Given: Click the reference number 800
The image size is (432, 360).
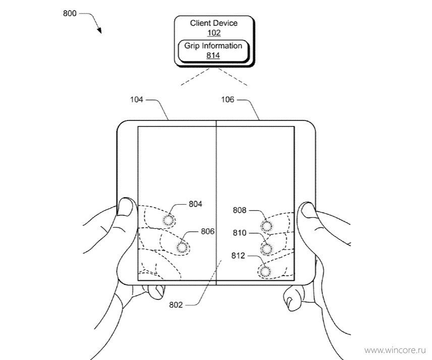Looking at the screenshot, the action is [x=70, y=13].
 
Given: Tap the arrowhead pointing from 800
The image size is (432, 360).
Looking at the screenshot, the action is [x=99, y=30].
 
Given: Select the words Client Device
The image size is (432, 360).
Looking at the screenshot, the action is [x=213, y=23].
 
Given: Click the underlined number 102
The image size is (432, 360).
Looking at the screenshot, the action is [x=214, y=33].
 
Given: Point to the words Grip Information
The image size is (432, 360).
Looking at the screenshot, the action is [x=213, y=46].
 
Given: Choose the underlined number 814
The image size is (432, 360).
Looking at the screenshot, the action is [x=213, y=55].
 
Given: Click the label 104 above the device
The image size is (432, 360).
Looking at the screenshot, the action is [x=137, y=99].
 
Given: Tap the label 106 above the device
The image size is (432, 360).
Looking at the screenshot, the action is [x=228, y=99].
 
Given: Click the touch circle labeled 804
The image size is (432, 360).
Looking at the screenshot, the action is [x=169, y=220].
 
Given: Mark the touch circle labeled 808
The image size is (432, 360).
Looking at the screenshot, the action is [x=266, y=226].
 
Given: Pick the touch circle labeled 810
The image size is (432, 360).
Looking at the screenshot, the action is [x=266, y=249].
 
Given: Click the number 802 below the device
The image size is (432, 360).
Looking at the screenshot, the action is [x=176, y=305].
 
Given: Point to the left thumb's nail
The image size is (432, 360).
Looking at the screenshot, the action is [x=125, y=207].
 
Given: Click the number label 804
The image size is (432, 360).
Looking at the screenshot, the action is [x=195, y=204].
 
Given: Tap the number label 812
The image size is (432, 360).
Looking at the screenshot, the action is [x=238, y=256].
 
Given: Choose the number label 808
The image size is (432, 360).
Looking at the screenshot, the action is [x=239, y=210].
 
